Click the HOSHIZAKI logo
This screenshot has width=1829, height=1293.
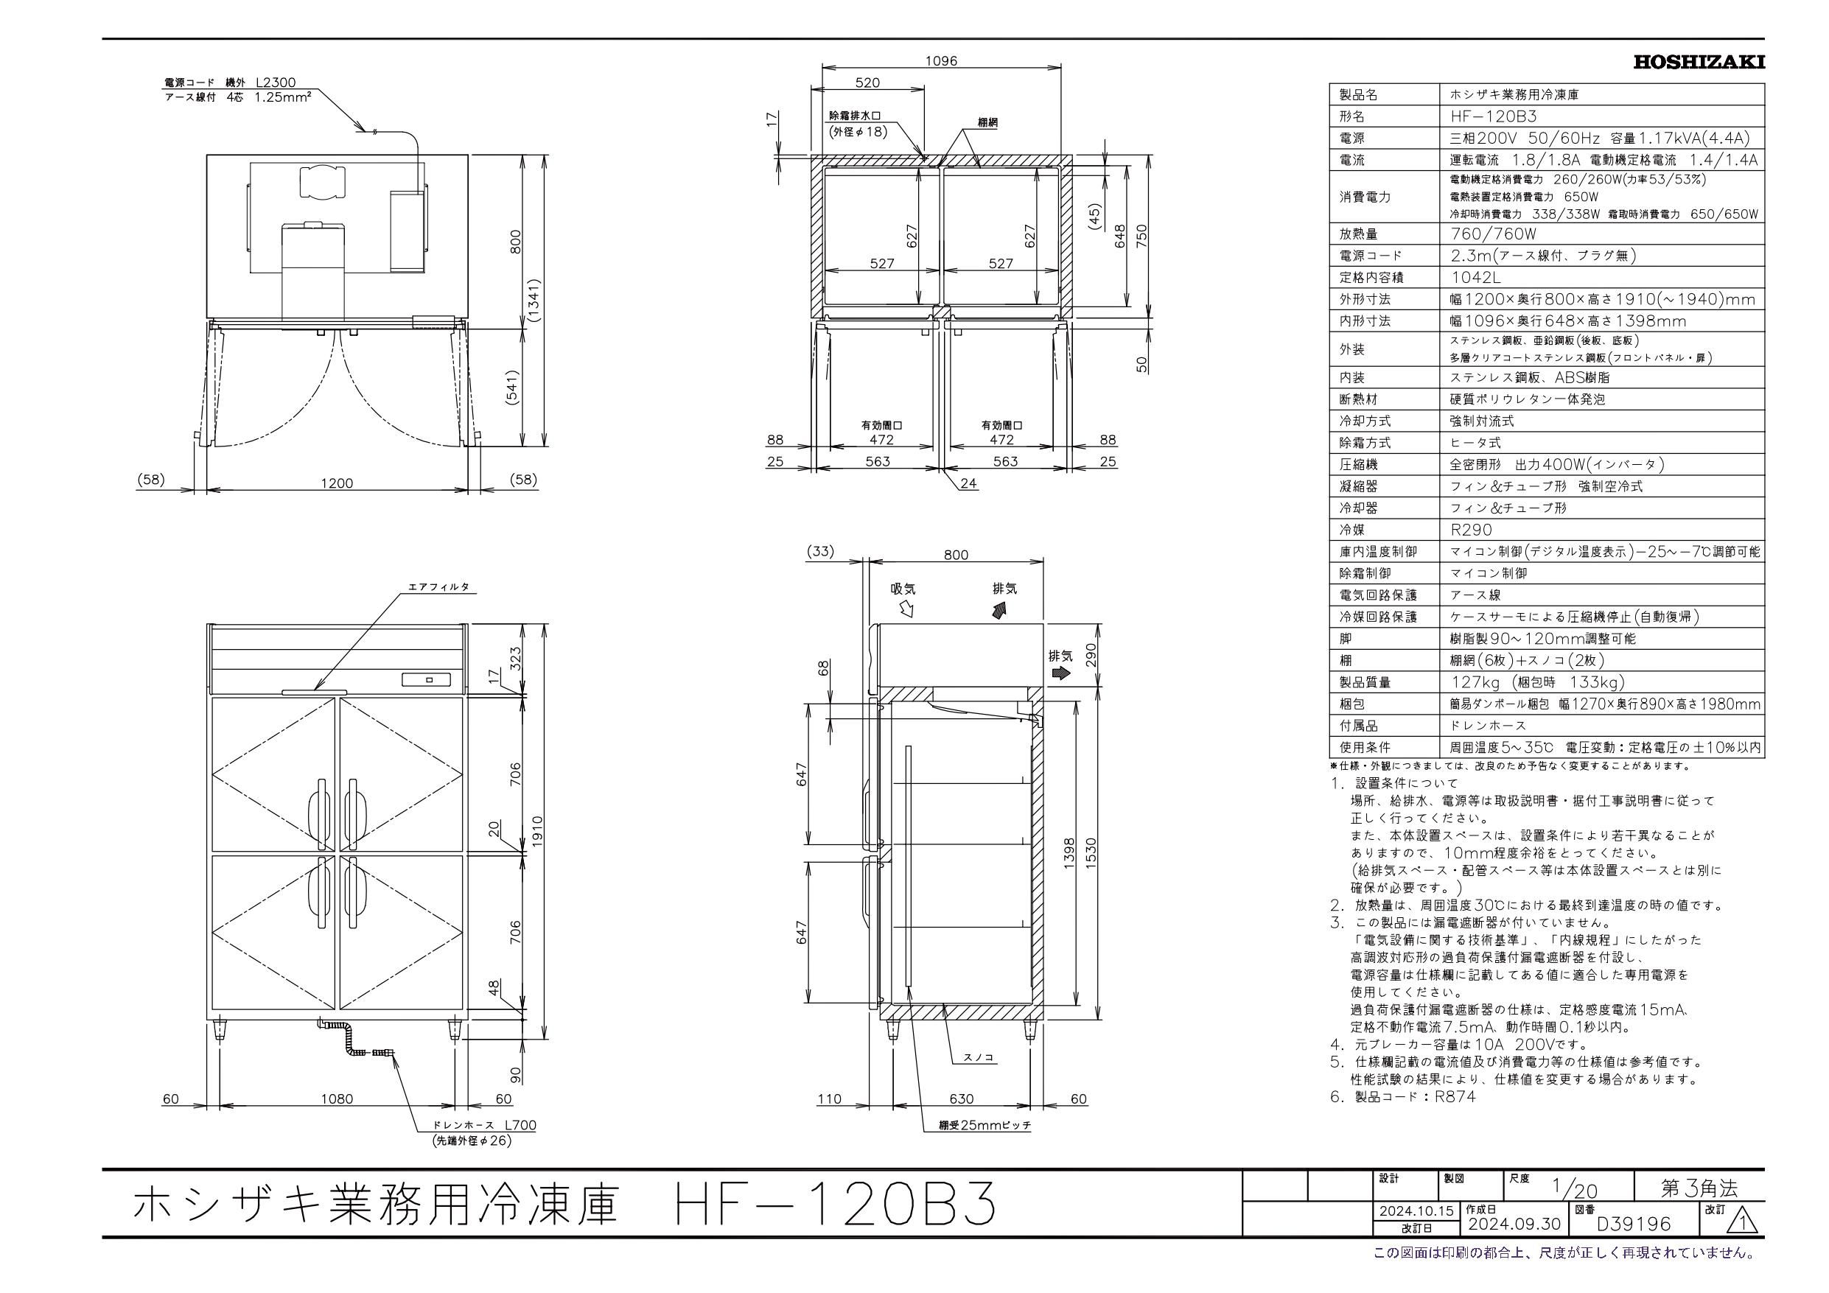pyautogui.click(x=1699, y=62)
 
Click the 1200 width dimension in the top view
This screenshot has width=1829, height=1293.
pyautogui.click(x=336, y=483)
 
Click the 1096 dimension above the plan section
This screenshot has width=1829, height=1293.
pyautogui.click(x=941, y=60)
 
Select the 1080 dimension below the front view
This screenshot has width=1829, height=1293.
pyautogui.click(x=336, y=1099)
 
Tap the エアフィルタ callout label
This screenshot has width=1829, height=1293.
pyautogui.click(x=439, y=587)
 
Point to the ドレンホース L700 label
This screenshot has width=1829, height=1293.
pyautogui.click(x=484, y=1126)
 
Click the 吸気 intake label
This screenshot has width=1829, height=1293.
pyautogui.click(x=903, y=589)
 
